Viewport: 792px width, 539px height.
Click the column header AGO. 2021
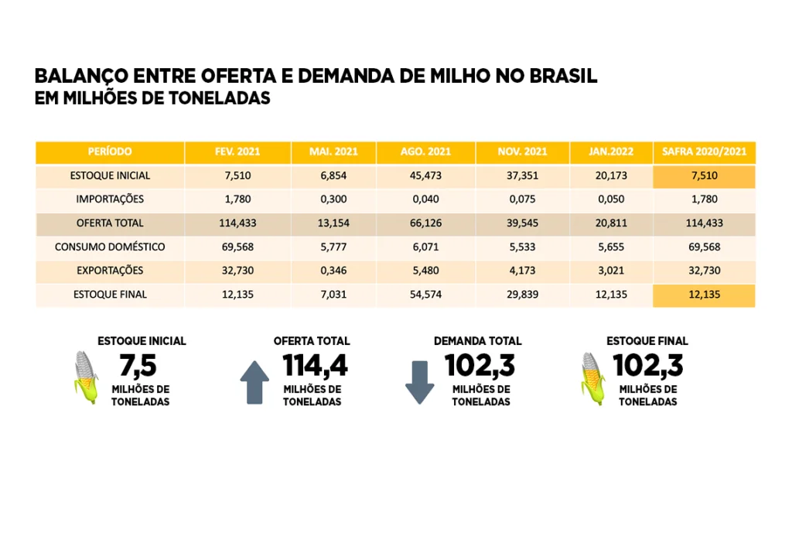point(425,152)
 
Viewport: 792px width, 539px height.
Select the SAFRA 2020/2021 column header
point(704,152)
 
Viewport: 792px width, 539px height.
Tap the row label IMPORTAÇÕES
point(110,200)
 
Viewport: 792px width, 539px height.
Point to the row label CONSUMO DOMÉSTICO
point(110,247)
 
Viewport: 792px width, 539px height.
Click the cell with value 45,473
point(425,176)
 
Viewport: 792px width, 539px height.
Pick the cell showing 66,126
point(425,223)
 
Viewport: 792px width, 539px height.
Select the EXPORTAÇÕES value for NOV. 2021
point(522,271)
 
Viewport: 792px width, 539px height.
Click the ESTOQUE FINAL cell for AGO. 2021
point(425,295)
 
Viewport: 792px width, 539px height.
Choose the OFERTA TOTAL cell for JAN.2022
point(611,223)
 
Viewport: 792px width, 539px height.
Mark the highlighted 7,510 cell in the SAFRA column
point(704,176)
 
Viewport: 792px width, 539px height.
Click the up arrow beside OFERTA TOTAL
point(254,382)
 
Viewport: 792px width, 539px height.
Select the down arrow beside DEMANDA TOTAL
point(420,382)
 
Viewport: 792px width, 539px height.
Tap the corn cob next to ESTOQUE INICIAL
point(86,377)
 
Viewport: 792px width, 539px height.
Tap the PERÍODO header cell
point(110,152)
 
